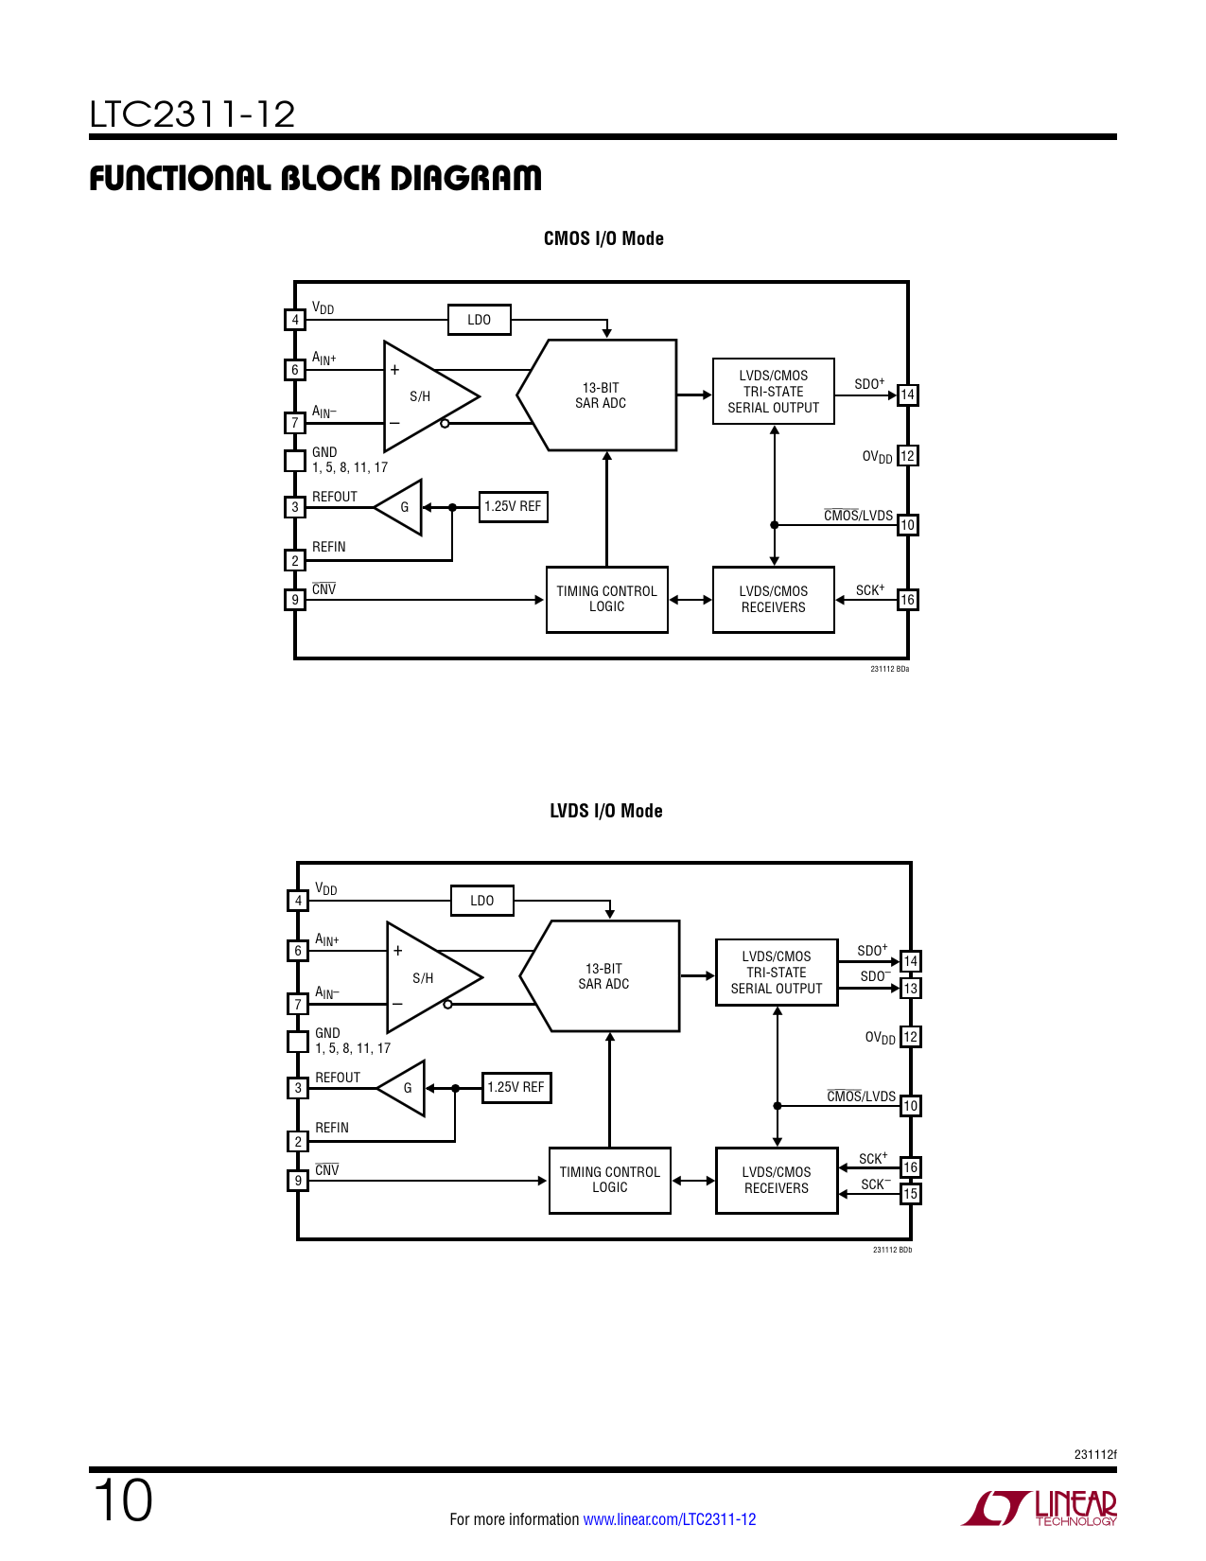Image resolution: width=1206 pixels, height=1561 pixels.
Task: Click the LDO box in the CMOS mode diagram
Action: point(480,320)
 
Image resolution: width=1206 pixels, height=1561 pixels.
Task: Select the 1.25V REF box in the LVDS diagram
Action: point(516,1087)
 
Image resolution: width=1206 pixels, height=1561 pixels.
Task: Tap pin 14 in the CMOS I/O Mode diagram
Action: point(907,395)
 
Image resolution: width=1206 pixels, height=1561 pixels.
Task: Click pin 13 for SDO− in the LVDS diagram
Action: point(910,988)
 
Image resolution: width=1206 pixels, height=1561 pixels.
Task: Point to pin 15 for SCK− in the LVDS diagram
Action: point(910,1193)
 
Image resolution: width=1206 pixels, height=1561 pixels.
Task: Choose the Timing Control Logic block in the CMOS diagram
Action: point(607,599)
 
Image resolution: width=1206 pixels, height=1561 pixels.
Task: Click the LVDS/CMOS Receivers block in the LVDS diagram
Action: point(777,1180)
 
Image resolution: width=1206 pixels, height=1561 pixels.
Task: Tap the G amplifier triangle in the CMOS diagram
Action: point(398,507)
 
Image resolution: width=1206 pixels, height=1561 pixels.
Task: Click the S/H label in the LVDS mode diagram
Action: point(423,977)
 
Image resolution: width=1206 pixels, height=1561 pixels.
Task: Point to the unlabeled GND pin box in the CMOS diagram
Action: point(294,461)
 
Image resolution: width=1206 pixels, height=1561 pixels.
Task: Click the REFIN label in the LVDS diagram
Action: point(332,1128)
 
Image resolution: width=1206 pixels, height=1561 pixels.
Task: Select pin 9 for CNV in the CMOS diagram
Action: point(294,599)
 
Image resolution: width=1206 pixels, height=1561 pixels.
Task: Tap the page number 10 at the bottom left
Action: point(123,1500)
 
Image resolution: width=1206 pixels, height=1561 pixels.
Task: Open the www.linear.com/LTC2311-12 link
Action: point(670,1519)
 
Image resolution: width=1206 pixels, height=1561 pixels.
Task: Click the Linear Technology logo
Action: point(1039,1508)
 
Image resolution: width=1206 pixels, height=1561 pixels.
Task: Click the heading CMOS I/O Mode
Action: point(603,238)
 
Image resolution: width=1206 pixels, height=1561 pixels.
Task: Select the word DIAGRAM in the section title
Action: point(465,178)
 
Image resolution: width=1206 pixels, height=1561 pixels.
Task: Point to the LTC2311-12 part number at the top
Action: point(192,114)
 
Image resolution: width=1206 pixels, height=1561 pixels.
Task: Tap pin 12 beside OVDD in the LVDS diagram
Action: point(910,1037)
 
